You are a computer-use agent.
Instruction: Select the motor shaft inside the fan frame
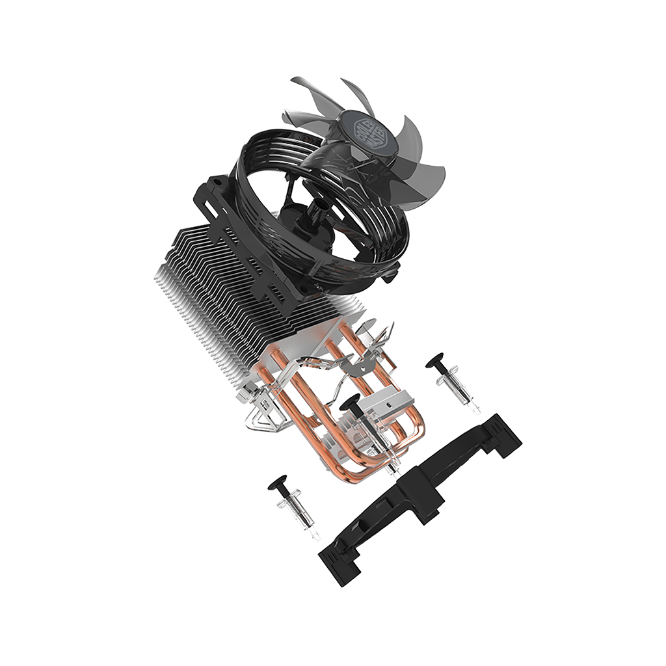tap(317, 208)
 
